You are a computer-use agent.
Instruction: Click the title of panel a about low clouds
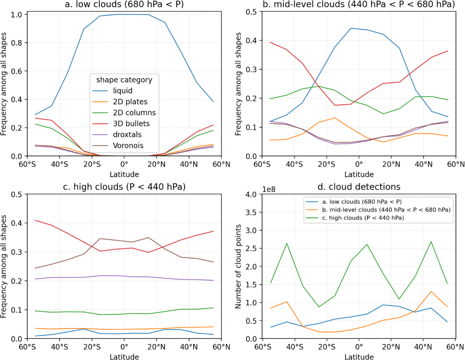pos(124,4)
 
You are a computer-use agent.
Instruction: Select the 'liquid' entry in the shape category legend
pos(123,91)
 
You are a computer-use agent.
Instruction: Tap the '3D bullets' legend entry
pos(131,123)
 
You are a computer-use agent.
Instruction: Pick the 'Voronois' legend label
pos(128,146)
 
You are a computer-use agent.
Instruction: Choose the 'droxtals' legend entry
pos(127,135)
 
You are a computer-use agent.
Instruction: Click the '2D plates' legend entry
pos(130,102)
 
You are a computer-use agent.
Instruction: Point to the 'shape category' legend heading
pos(124,80)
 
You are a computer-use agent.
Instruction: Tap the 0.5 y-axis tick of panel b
pos(251,12)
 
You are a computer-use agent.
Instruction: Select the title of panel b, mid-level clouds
pos(359,4)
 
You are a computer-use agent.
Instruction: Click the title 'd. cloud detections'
pos(359,187)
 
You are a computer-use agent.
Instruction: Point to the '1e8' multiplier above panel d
pos(269,190)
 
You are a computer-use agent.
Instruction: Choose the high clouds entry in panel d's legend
pos(363,218)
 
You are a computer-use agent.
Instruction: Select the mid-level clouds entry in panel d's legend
pos(386,210)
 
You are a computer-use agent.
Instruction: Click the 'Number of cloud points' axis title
pos(238,267)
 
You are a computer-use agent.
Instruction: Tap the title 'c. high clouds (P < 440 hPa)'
pos(124,187)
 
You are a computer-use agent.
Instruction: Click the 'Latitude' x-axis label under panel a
pos(124,175)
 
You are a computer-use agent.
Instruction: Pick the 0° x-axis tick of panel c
pos(124,347)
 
